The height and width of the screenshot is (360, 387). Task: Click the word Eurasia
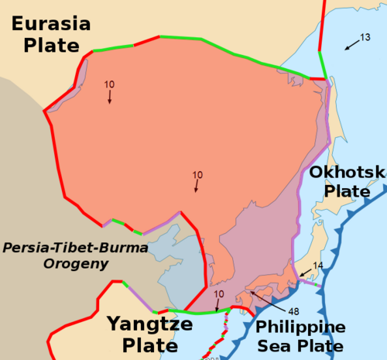pyautogui.click(x=51, y=24)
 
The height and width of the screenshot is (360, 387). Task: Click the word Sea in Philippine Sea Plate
pyautogui.click(x=271, y=346)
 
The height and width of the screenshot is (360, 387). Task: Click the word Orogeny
pyautogui.click(x=76, y=264)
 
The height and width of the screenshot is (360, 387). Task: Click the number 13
pyautogui.click(x=366, y=38)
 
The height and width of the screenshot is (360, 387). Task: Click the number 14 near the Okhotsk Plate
pyautogui.click(x=317, y=266)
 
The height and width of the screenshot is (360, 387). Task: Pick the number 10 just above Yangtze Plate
pyautogui.click(x=218, y=294)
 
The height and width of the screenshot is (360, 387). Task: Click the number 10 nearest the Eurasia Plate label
pyautogui.click(x=110, y=84)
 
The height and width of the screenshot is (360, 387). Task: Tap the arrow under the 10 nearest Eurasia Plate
pyautogui.click(x=110, y=97)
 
